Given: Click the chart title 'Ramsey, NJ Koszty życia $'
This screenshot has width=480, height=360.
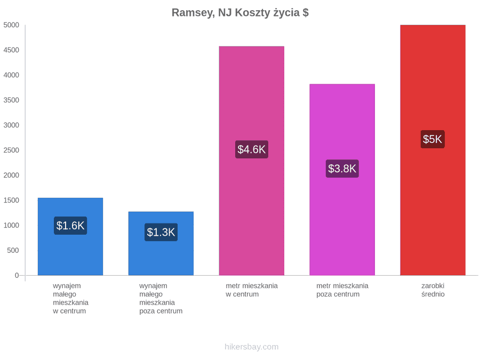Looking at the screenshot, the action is pos(240,13).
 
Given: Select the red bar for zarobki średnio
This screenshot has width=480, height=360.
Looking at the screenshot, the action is pos(433,150).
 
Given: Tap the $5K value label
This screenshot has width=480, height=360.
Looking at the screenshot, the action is pos(433,139).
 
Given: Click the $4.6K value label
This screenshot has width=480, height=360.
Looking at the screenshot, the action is pos(252,149).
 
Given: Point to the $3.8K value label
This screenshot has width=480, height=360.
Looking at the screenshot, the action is pos(342,169).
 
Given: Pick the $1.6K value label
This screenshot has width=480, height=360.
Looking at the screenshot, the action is pos(70,226).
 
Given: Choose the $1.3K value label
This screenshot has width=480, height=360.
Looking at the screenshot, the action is pos(161,232).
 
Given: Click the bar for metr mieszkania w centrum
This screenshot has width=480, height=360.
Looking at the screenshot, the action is pos(252,161).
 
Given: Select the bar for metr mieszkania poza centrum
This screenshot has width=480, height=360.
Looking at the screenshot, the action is pos(342,180).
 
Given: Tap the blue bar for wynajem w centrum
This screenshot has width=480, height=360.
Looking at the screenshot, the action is pos(70,237).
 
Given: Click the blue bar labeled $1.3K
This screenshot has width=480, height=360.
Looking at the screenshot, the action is pos(161,243).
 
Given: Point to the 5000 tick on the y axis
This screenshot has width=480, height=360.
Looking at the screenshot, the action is pos(11,25).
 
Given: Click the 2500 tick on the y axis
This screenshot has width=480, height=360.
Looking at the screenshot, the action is pos(11,150).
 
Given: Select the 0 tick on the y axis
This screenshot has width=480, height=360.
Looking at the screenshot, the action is pos(17,276).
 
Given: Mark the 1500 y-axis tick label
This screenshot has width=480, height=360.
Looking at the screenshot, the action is pos(11,200).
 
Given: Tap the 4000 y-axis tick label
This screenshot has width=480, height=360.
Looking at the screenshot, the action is pos(11,75).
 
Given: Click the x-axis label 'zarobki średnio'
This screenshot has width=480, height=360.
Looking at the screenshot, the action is pos(433,290).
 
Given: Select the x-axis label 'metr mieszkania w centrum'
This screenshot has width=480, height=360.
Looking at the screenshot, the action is pos(252,290).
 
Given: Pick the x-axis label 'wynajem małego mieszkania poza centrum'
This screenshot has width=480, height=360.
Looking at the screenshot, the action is pos(161,298).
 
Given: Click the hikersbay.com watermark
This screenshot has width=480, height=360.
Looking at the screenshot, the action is pos(252,347).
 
